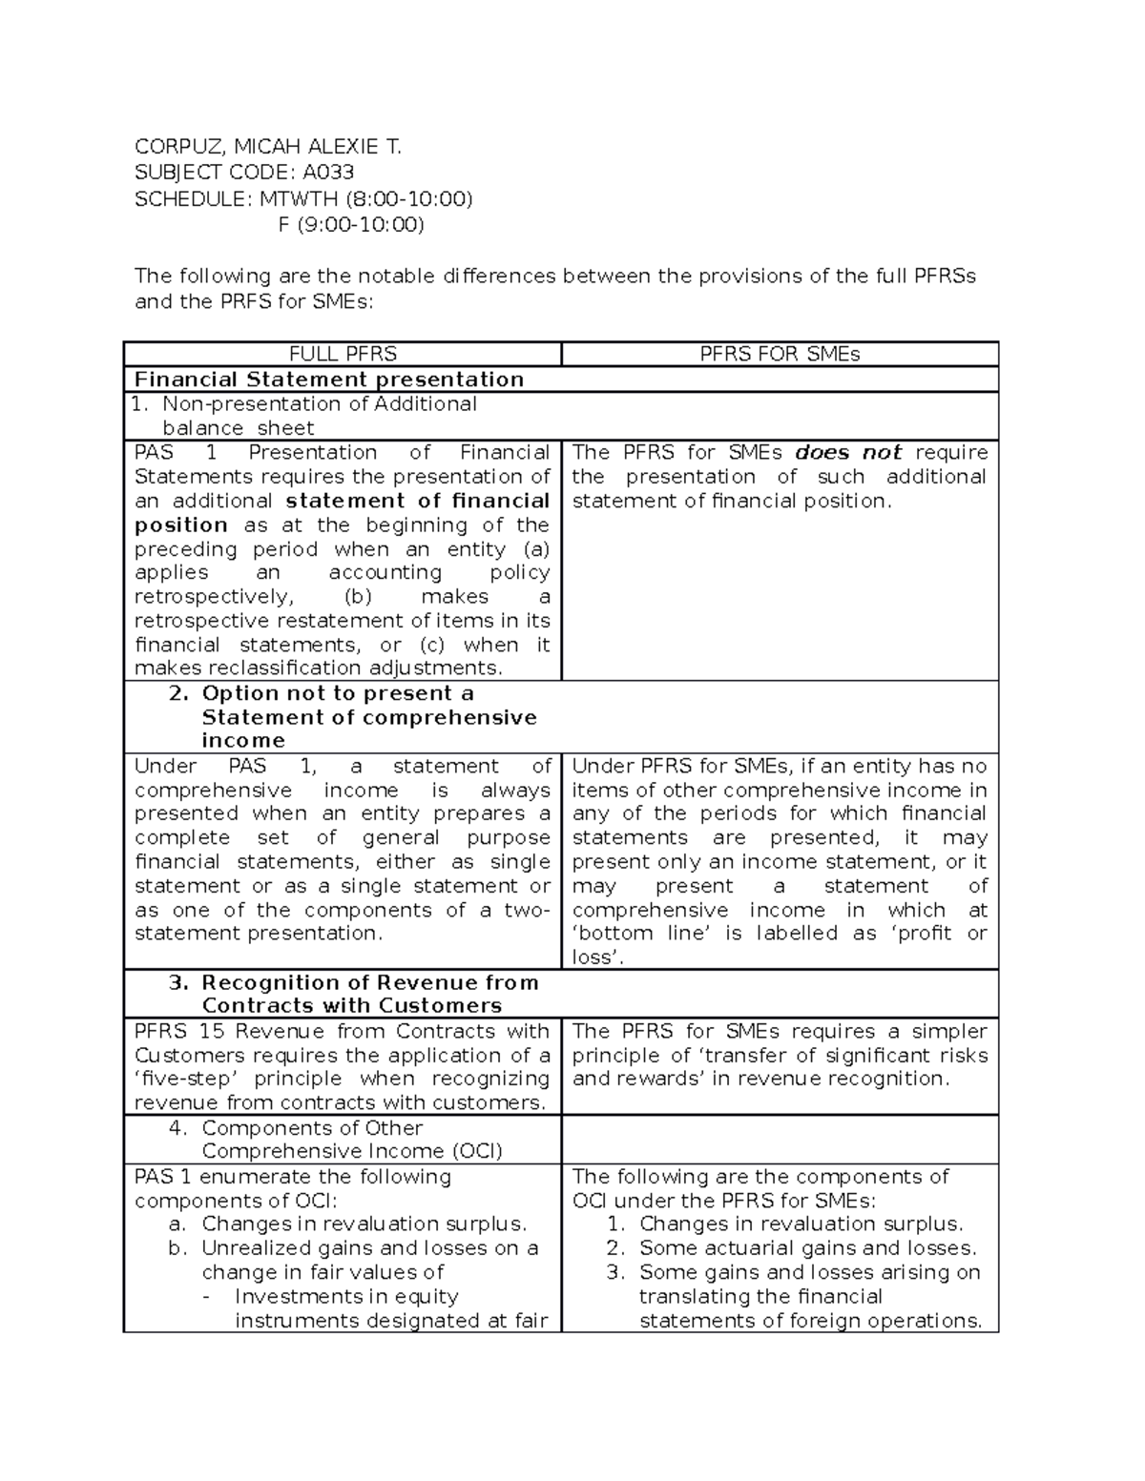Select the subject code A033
click(x=328, y=173)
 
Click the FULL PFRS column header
click(x=343, y=355)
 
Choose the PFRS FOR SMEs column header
click(x=780, y=355)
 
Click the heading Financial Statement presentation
click(x=329, y=380)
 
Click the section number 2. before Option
click(x=178, y=693)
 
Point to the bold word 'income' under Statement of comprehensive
click(x=243, y=741)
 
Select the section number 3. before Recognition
click(x=178, y=982)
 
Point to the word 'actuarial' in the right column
click(x=740, y=1248)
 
